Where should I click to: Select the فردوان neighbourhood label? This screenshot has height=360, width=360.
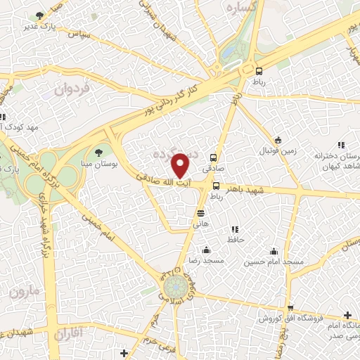[x=71, y=89]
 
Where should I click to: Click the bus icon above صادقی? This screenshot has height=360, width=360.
[x=213, y=157]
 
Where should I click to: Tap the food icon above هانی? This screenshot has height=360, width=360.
[x=201, y=212]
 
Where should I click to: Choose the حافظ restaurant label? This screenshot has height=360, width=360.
[x=235, y=240]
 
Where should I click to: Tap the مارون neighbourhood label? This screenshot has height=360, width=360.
[x=21, y=290]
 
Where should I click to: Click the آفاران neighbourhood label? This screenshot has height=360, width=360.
[x=68, y=330]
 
